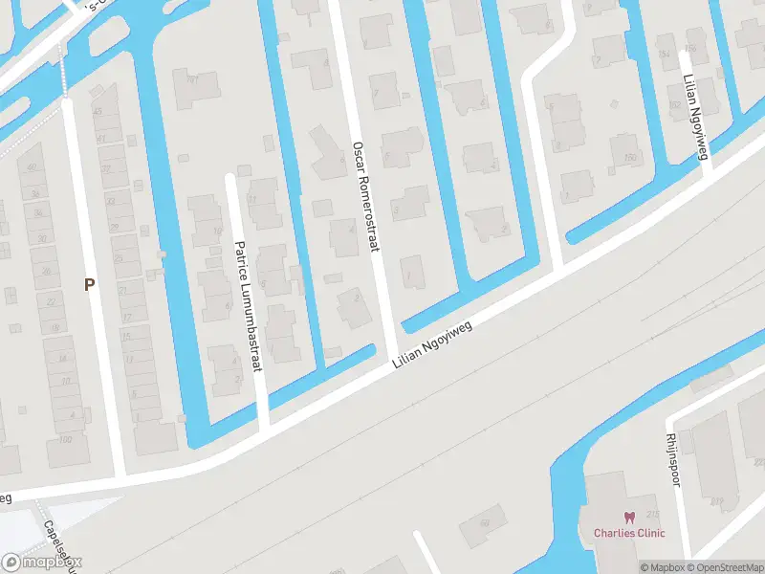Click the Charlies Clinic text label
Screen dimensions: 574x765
click(628, 533)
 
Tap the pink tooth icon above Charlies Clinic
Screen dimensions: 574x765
click(628, 518)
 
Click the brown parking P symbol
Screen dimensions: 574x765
click(90, 284)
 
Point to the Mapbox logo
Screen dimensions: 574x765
click(42, 563)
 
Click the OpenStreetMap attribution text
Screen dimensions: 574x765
click(728, 567)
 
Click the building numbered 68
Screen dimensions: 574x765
click(484, 522)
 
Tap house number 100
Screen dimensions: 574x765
click(65, 440)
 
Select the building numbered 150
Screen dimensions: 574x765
click(629, 157)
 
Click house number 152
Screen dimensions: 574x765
click(673, 105)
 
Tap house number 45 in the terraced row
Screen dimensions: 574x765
click(97, 113)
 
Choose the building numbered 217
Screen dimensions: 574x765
click(717, 500)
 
